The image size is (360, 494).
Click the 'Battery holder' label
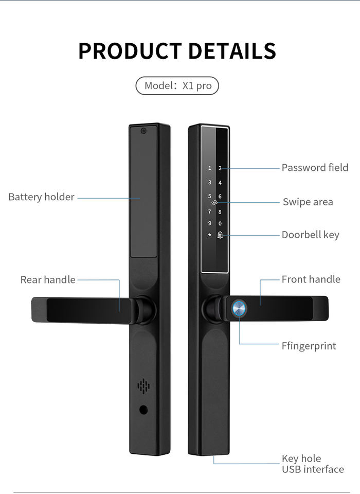pos(41,197)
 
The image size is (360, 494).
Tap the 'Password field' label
pos(315,168)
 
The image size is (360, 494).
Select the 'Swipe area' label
pos(308,202)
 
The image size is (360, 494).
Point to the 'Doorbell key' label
pos(310,235)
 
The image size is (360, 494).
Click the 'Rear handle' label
pos(48,280)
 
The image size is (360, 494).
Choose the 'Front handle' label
pos(311,279)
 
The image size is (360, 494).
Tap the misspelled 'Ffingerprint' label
pos(309,346)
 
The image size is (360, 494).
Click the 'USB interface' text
pos(313,469)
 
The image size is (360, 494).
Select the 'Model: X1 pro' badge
pos(177,85)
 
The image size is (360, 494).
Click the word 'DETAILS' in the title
pos(231,51)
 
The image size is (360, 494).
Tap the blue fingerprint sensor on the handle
pos(239,308)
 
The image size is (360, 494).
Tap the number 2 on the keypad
pos(220,168)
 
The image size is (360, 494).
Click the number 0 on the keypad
pos(220,224)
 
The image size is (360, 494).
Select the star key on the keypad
pos(209,235)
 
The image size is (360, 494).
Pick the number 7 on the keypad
pos(209,211)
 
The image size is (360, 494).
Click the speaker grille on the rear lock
pos(143,386)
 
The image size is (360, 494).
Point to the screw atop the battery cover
pos(144,131)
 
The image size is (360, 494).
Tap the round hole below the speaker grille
pos(143,410)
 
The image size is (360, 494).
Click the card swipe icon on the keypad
pos(214,203)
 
